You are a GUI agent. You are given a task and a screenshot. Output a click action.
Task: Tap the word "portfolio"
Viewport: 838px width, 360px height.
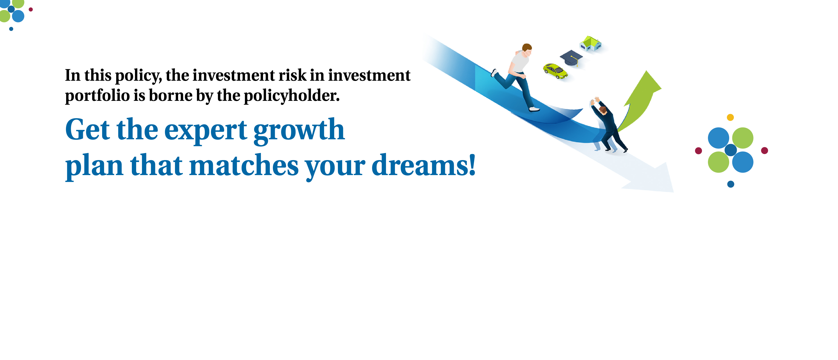97,96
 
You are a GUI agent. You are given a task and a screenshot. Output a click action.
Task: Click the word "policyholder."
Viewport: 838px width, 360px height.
291,96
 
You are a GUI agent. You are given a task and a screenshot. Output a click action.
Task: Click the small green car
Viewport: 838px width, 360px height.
555,71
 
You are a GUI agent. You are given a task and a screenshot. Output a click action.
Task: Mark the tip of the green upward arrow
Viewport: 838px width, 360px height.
646,72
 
